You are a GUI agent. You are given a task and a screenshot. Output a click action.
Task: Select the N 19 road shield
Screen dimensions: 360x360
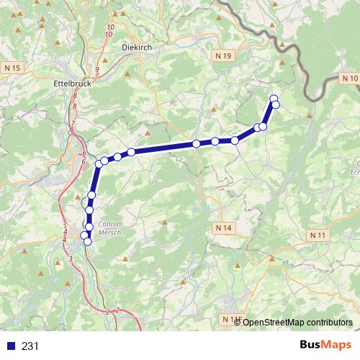point(223,55)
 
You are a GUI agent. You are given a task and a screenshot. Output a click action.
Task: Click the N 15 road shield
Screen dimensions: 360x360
point(13,67)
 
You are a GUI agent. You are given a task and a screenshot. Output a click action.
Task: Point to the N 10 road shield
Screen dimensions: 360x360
point(350,78)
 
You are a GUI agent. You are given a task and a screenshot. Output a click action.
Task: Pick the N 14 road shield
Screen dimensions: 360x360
point(225,228)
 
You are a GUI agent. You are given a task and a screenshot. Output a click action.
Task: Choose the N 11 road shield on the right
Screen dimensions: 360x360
point(318,235)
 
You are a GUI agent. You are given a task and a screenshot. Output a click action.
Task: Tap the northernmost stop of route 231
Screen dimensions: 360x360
point(273,99)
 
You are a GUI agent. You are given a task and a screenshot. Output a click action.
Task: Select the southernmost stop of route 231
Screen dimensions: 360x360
point(88,242)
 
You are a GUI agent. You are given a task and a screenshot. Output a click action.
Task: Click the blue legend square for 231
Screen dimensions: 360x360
point(10,346)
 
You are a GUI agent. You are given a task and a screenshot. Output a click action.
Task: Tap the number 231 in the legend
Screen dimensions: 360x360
point(30,346)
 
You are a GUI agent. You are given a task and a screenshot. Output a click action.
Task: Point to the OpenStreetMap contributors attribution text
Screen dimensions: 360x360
point(297,323)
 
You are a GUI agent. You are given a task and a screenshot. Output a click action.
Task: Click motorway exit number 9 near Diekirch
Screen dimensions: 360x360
point(96,69)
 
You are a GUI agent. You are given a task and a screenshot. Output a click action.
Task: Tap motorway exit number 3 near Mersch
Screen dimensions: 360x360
point(70,258)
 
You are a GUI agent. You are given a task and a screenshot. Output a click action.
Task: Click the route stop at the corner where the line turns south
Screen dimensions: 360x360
point(99,164)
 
